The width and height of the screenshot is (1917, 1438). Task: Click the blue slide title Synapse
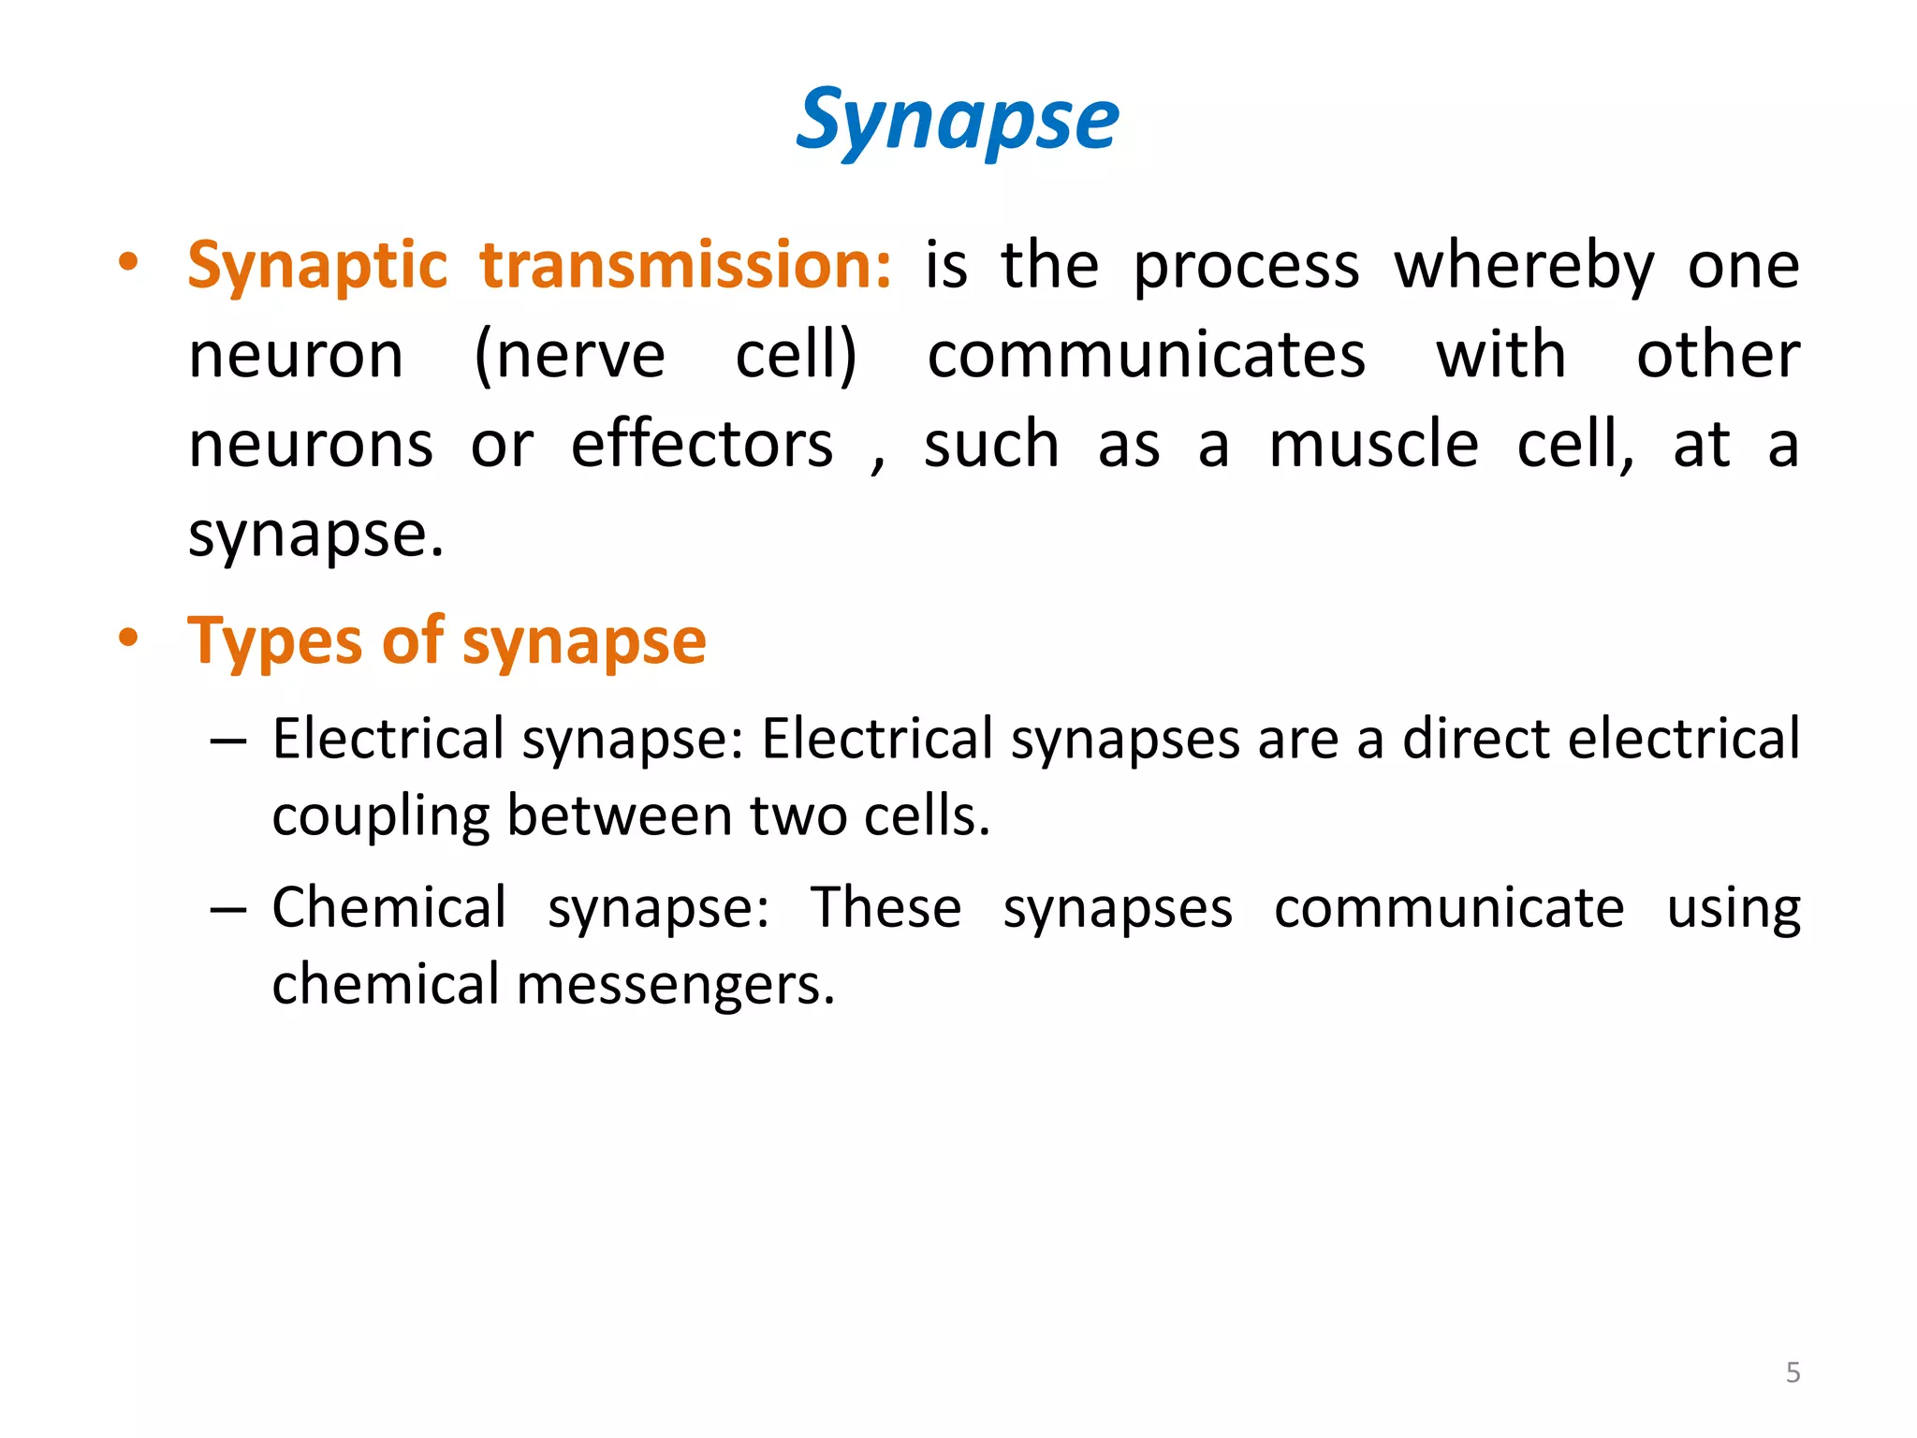tap(957, 120)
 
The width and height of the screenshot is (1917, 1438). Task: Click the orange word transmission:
tap(686, 266)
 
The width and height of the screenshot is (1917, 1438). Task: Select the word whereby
tap(1524, 266)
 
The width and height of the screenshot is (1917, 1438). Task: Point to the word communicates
tap(1146, 356)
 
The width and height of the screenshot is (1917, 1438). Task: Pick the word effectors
tap(702, 445)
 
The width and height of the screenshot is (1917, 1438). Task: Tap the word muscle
tap(1373, 445)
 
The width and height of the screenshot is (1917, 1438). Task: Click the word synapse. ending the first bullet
tap(315, 536)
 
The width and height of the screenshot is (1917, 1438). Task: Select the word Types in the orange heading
tap(274, 642)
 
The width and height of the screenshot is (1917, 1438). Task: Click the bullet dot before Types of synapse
tap(128, 638)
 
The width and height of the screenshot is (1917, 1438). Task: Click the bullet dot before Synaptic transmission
tap(128, 262)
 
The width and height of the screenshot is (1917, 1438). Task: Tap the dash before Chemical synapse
tap(228, 910)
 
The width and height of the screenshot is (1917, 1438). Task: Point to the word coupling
tap(380, 816)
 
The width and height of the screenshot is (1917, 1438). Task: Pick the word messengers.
tap(675, 986)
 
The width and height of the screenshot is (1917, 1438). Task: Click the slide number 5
tap(1793, 1372)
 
